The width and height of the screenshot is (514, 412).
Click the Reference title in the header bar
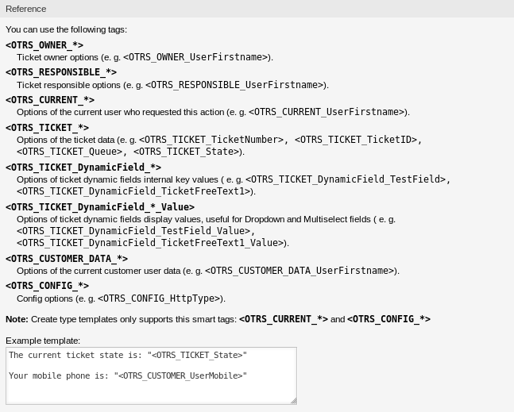pyautogui.click(x=26, y=9)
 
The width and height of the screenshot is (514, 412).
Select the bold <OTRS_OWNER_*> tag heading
pyautogui.click(x=44, y=45)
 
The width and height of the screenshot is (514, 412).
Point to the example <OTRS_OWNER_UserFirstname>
pyautogui.click(x=196, y=57)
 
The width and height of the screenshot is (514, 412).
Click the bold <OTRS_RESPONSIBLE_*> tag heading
pyautogui.click(x=61, y=72)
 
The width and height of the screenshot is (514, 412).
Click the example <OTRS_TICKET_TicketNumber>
pyautogui.click(x=212, y=140)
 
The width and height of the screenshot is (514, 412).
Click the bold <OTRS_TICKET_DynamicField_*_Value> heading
pyautogui.click(x=100, y=207)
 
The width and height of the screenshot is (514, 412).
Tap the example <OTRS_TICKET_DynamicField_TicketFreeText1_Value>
pyautogui.click(x=150, y=243)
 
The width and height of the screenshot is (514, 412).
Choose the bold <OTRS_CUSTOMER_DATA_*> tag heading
pyautogui.click(x=67, y=259)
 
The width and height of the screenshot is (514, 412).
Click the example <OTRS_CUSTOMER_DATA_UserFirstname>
pyautogui.click(x=300, y=271)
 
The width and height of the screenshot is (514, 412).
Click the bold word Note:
pyautogui.click(x=17, y=319)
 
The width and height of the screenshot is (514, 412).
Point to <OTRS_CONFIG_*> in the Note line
pyautogui.click(x=388, y=319)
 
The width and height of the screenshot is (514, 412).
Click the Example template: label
pyautogui.click(x=43, y=341)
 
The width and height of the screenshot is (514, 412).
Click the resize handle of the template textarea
pyautogui.click(x=293, y=400)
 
